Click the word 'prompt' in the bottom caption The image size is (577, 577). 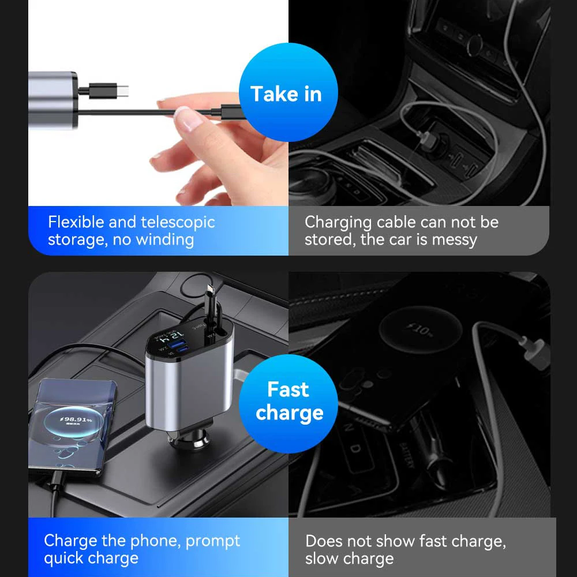coord(213,541)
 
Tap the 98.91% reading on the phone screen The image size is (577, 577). coord(77,419)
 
